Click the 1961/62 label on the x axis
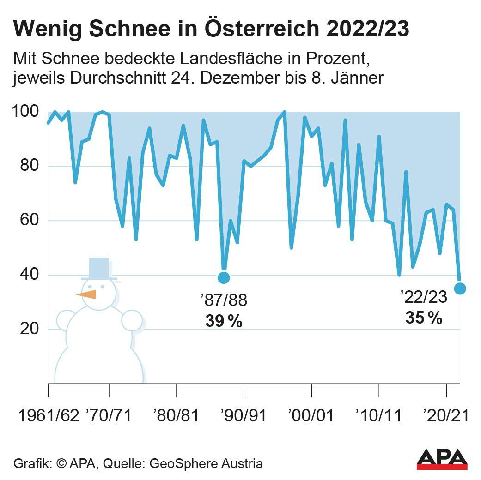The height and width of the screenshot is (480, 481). pyautogui.click(x=48, y=416)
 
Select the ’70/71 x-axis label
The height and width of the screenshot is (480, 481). pyautogui.click(x=109, y=416)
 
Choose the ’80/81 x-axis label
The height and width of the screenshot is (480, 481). pyautogui.click(x=177, y=416)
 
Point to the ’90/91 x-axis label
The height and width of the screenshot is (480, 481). pyautogui.click(x=244, y=416)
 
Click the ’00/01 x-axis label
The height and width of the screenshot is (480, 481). pyautogui.click(x=311, y=416)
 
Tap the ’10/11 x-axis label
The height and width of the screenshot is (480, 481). pyautogui.click(x=379, y=416)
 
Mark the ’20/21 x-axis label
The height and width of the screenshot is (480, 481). pyautogui.click(x=446, y=416)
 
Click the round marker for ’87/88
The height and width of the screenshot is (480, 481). pyautogui.click(x=224, y=277)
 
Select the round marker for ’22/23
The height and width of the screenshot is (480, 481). pyautogui.click(x=460, y=288)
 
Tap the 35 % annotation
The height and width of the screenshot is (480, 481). pyautogui.click(x=424, y=318)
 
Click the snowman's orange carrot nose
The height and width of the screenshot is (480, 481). pyautogui.click(x=86, y=294)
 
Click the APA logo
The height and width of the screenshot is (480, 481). pyautogui.click(x=442, y=458)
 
